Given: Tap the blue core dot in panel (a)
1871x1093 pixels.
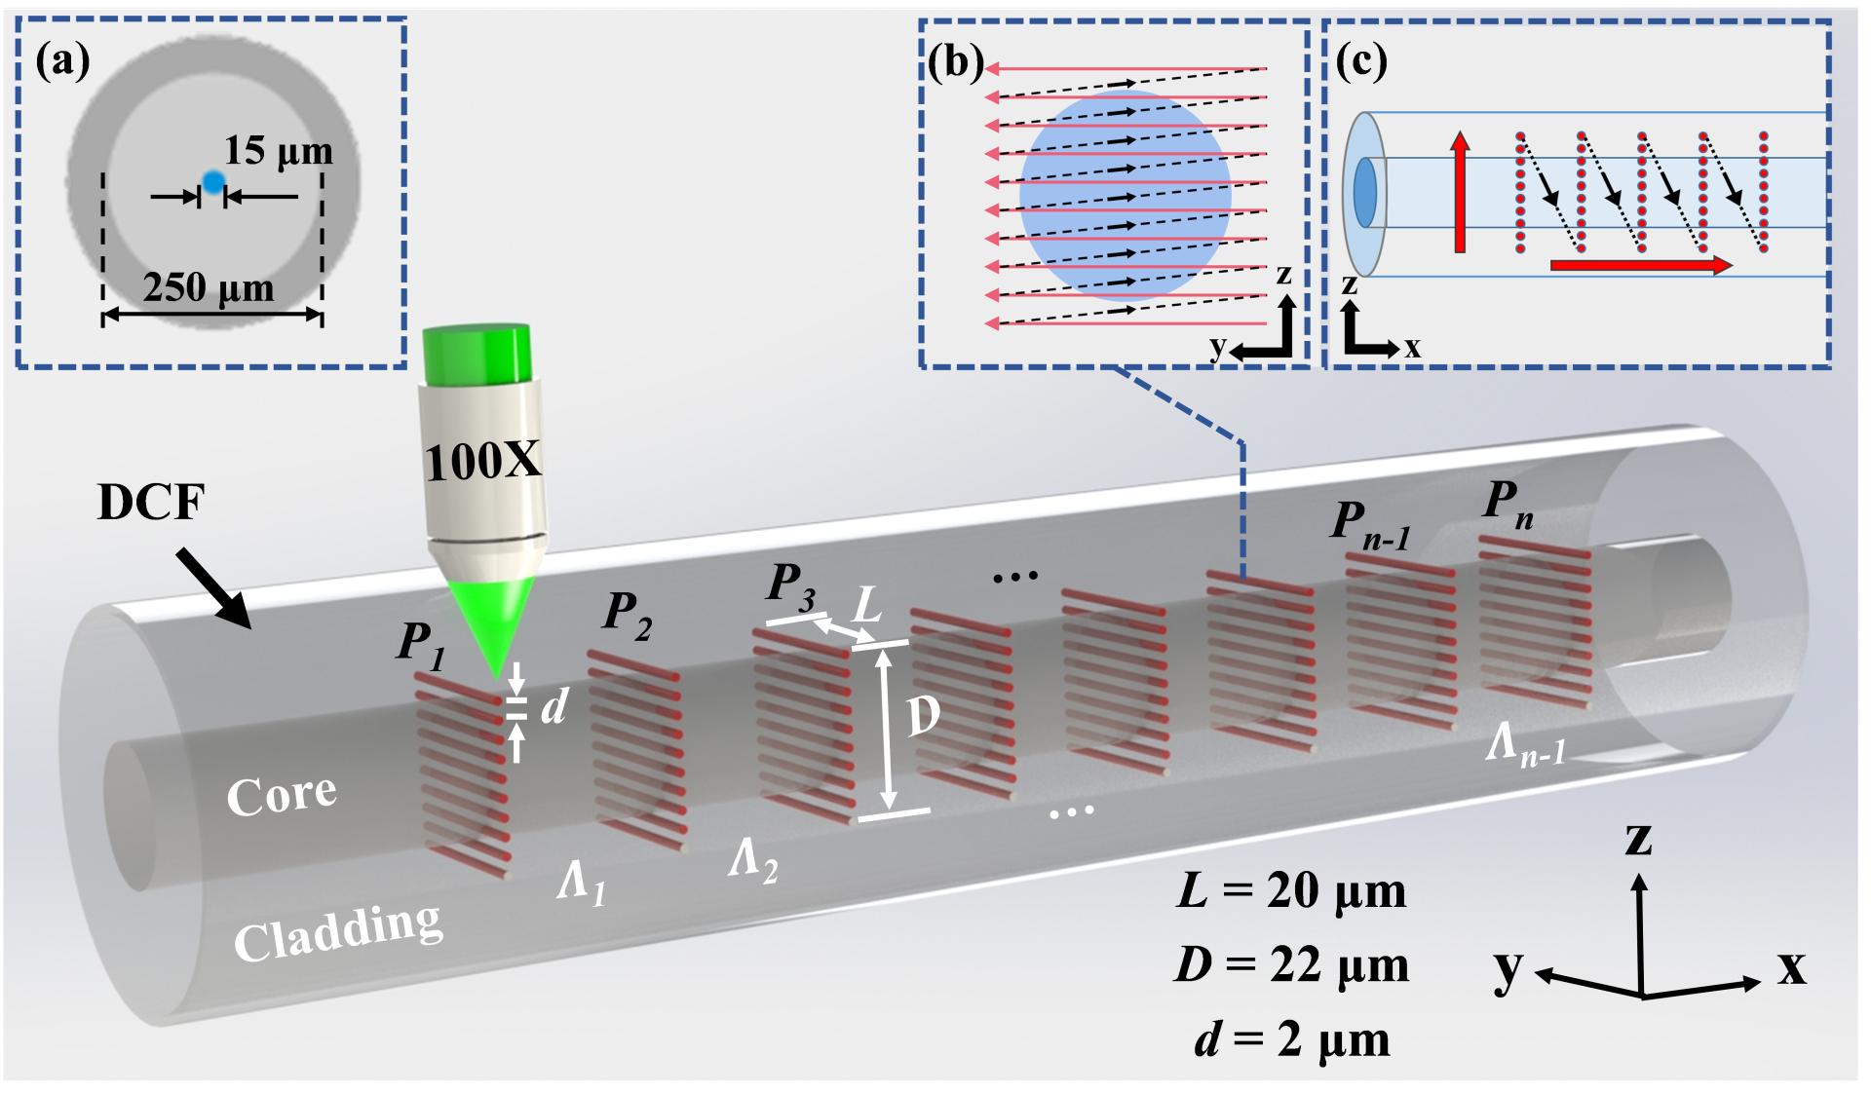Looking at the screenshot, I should [212, 181].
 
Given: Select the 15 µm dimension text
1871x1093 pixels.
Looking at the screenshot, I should [279, 151].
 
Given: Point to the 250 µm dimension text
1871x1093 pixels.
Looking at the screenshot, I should [209, 287].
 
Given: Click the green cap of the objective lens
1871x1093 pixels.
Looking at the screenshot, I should [477, 353].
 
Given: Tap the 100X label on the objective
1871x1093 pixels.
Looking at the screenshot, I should [482, 461].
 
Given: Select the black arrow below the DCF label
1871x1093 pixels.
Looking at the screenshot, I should [213, 587].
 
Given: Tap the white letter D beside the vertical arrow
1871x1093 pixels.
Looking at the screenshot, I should [923, 718].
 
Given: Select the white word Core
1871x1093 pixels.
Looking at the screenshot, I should [282, 795].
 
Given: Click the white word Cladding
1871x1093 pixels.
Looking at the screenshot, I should [338, 931].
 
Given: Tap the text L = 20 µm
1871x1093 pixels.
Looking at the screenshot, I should [1291, 890].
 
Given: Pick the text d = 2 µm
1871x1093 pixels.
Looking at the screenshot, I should [1291, 1039].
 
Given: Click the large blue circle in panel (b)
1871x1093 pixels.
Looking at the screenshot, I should [1126, 196].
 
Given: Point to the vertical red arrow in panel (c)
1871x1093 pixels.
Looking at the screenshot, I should [1459, 192].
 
